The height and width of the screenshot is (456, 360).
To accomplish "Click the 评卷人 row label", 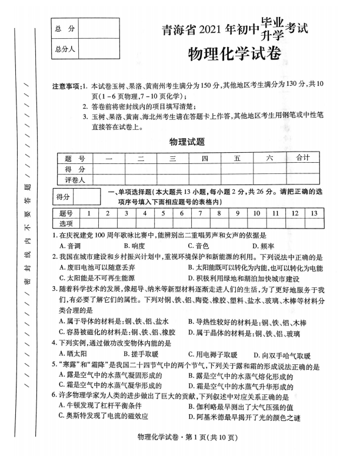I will [x=75, y=180].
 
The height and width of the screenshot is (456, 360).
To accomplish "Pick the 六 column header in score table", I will [x=270, y=158].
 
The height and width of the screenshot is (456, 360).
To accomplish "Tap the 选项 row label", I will [x=66, y=223].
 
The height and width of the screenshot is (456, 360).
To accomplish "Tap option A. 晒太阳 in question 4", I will [x=74, y=354].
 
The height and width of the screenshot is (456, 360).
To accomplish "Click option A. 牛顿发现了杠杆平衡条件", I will [x=105, y=405].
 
